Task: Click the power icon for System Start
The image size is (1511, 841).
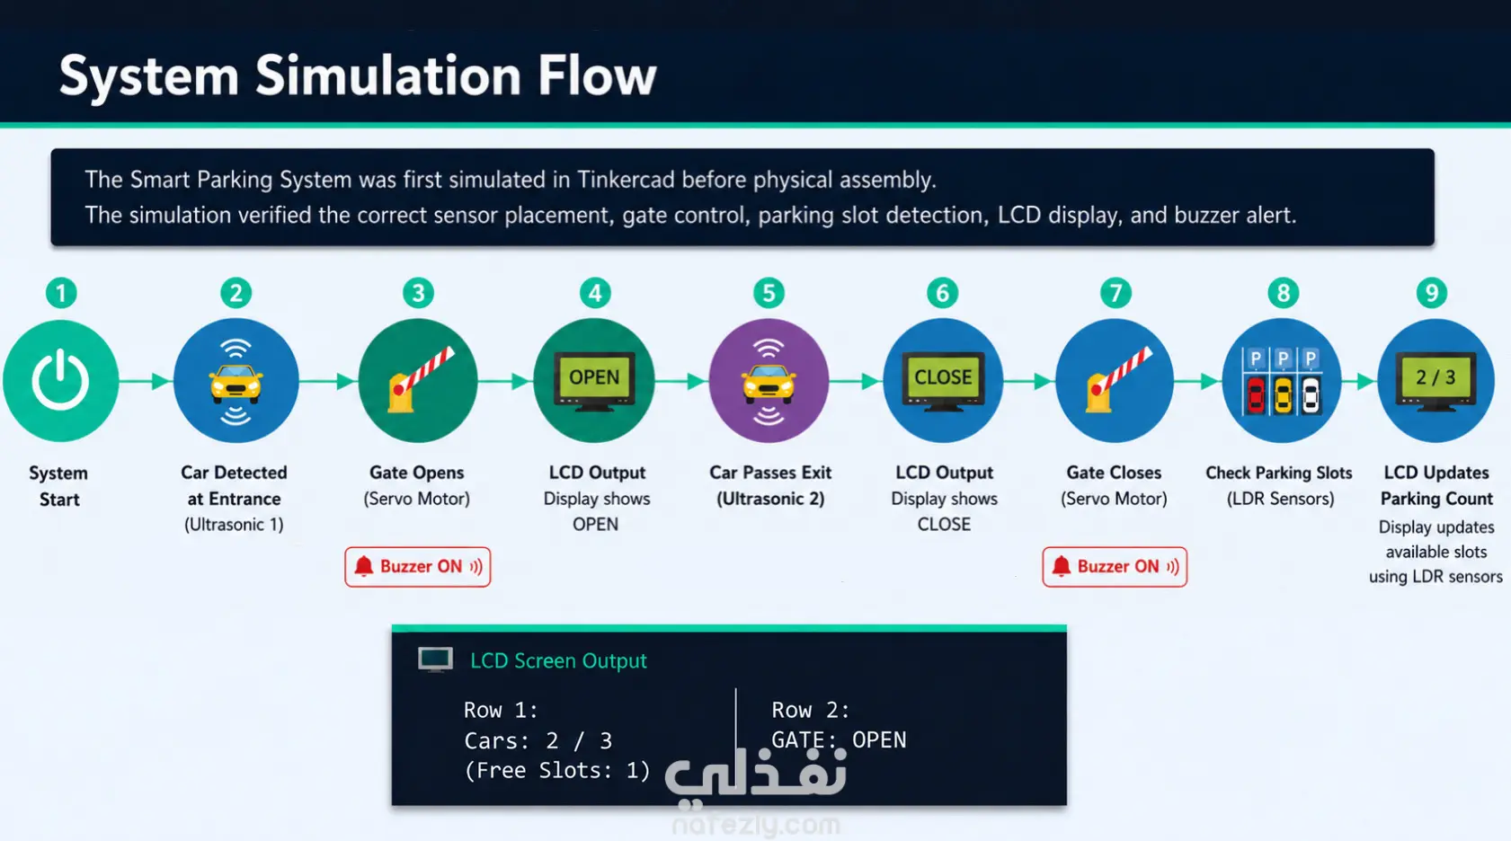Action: pyautogui.click(x=60, y=380)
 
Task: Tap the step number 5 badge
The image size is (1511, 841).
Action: pyautogui.click(x=769, y=294)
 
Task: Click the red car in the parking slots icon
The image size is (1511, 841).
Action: pyautogui.click(x=1256, y=395)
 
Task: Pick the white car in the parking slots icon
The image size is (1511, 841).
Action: pyautogui.click(x=1310, y=395)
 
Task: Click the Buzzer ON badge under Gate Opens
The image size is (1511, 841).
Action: pyautogui.click(x=418, y=567)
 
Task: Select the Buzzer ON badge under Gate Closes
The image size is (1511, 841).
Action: pyautogui.click(x=1115, y=567)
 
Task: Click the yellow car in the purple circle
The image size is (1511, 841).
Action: pyautogui.click(x=769, y=383)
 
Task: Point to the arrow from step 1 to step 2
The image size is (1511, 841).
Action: pyautogui.click(x=145, y=381)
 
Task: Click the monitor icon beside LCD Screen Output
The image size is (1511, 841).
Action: pyautogui.click(x=435, y=660)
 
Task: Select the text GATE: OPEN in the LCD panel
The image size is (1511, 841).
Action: pyautogui.click(x=839, y=739)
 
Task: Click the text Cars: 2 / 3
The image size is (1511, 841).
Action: pyautogui.click(x=538, y=740)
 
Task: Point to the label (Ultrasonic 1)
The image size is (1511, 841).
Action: pyautogui.click(x=234, y=524)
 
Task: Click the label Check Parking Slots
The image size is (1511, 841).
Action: pyautogui.click(x=1279, y=473)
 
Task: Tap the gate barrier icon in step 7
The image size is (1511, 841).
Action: pyautogui.click(x=1117, y=380)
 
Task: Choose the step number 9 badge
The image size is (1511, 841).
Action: pyautogui.click(x=1431, y=294)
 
